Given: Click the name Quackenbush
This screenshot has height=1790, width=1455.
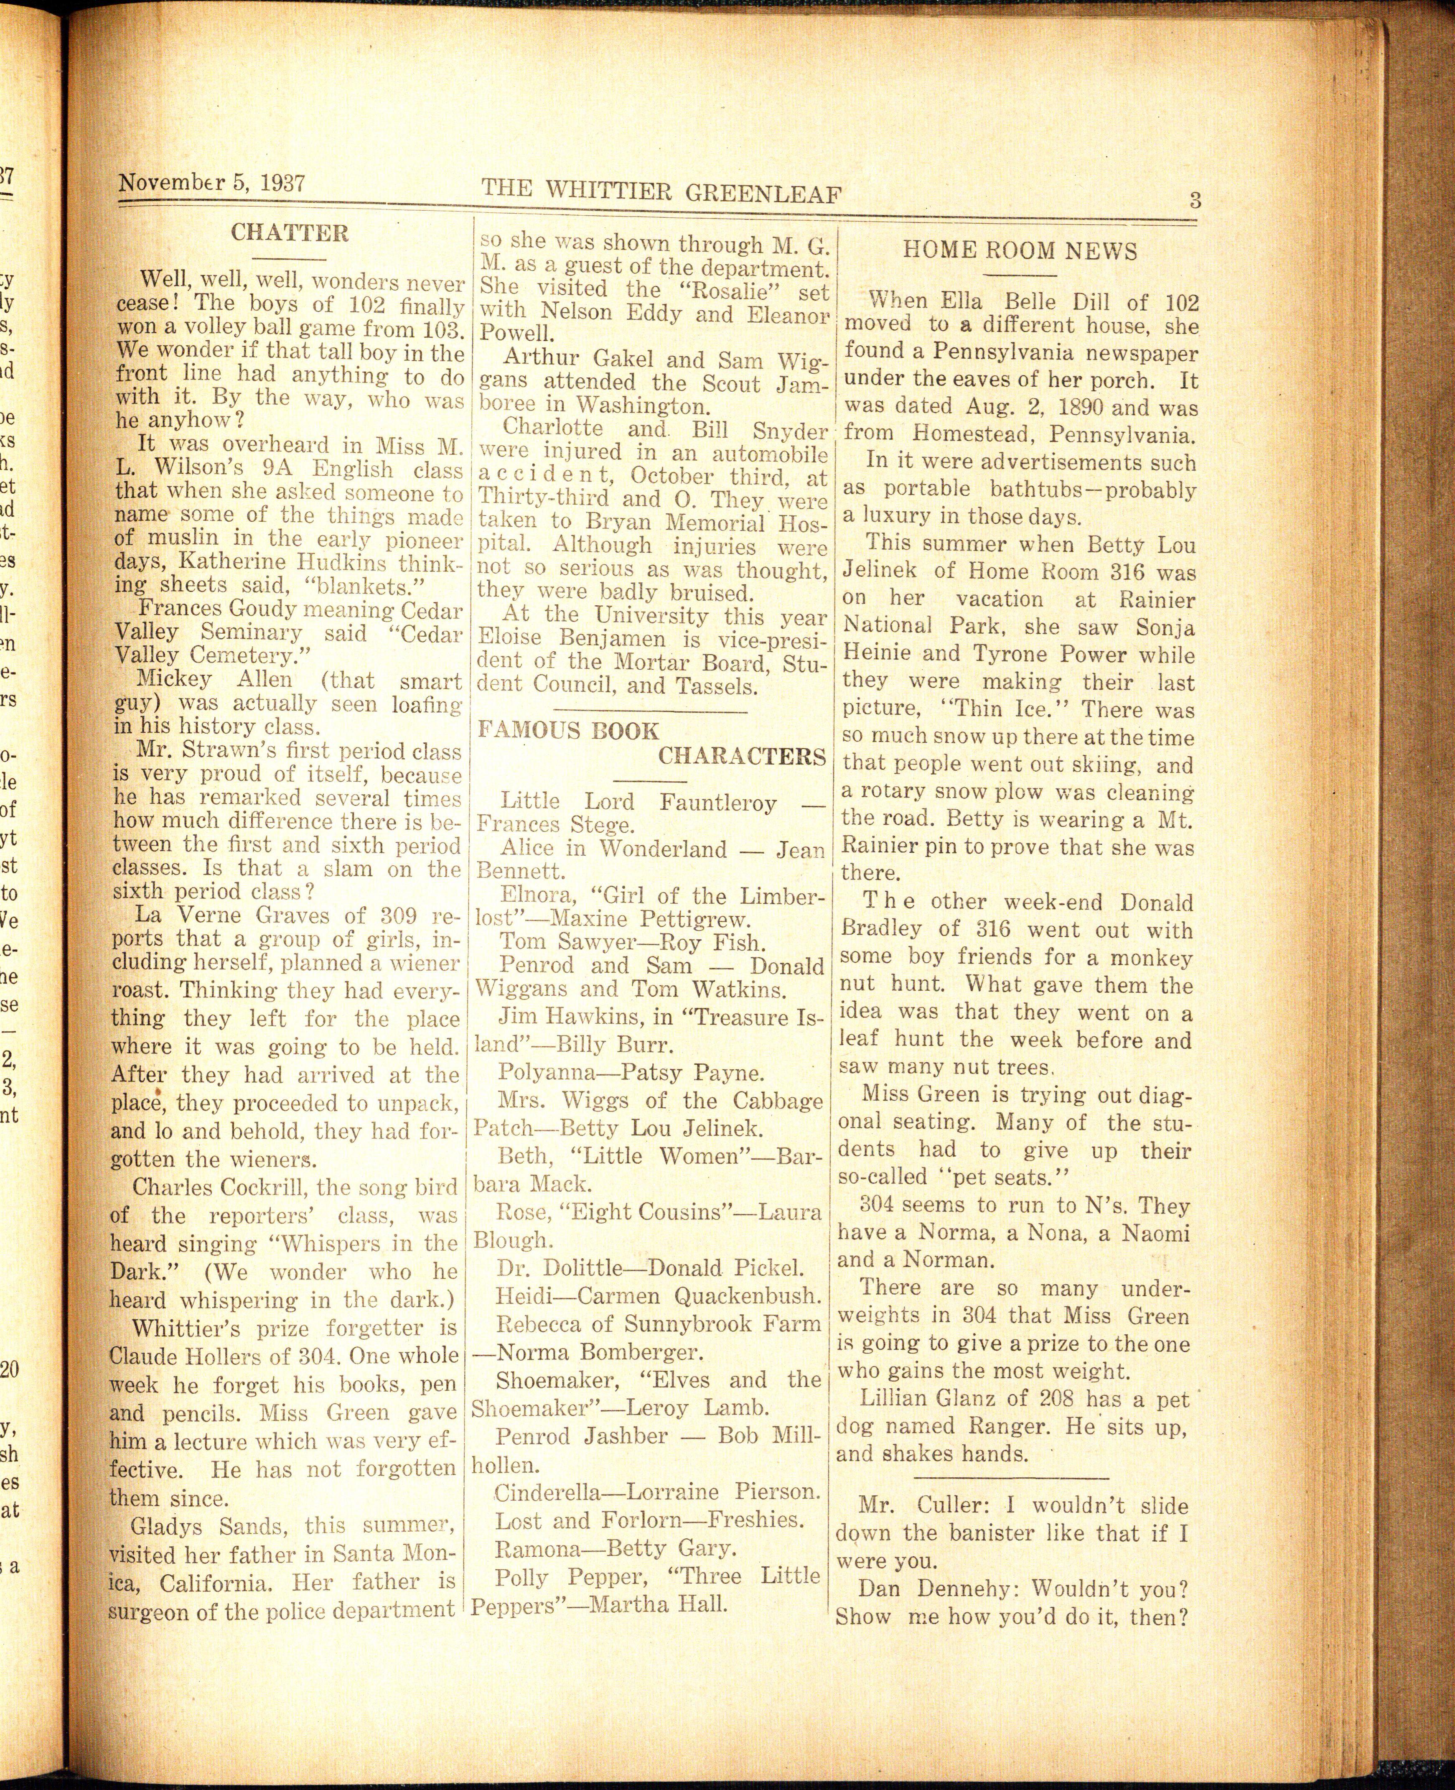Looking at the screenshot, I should (746, 1296).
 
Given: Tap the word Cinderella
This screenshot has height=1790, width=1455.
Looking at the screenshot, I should (548, 1492).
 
